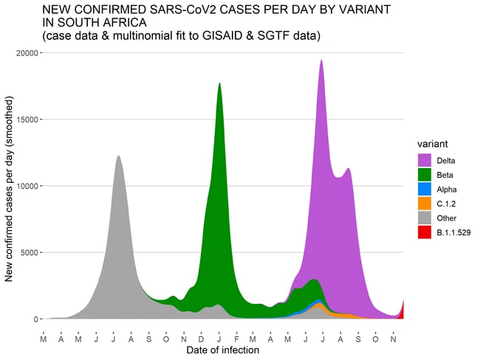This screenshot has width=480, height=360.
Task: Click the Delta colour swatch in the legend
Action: tap(425, 159)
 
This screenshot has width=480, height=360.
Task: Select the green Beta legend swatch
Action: tap(425, 174)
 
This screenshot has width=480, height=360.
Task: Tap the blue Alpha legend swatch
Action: tap(425, 189)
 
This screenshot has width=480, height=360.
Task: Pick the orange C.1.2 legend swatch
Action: tap(425, 204)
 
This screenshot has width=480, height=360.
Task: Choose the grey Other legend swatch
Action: tap(425, 218)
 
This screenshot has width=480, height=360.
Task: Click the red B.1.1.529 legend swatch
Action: tap(425, 232)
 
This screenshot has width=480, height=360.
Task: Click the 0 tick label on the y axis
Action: tap(35, 319)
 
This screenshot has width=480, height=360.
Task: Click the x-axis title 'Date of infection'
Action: tap(222, 350)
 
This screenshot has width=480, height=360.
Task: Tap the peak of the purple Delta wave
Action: tap(321, 61)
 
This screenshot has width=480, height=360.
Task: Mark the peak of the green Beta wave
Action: tap(219, 84)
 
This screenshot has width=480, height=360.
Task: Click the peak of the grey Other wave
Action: tap(118, 157)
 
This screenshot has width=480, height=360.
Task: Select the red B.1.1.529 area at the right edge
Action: tap(402, 311)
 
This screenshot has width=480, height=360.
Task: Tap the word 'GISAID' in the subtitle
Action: tap(213, 35)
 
